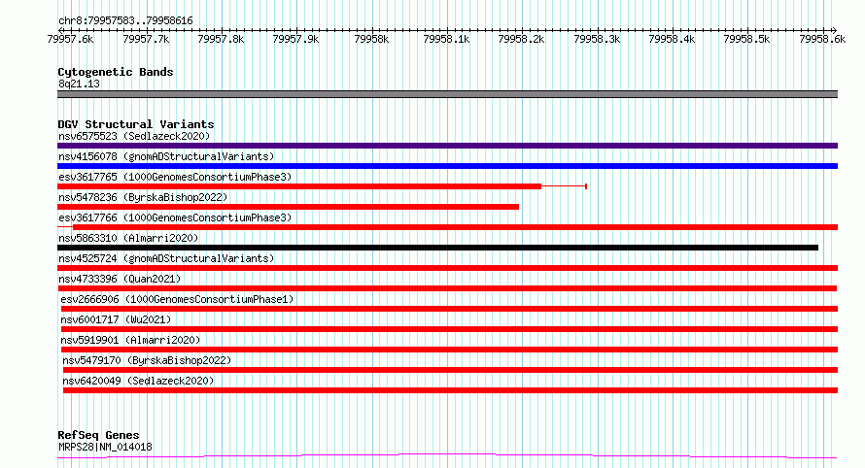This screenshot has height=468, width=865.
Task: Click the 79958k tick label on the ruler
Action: [371, 39]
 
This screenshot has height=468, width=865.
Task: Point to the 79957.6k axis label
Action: [70, 39]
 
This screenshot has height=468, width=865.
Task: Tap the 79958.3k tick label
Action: [597, 39]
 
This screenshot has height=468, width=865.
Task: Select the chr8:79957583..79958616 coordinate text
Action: [125, 21]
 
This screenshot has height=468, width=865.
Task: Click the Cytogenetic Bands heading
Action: [116, 72]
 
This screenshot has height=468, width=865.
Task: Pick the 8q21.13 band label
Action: [79, 84]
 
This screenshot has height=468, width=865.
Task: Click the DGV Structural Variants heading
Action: [136, 124]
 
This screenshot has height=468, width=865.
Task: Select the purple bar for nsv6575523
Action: [447, 146]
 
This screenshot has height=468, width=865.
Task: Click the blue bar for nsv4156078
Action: [447, 166]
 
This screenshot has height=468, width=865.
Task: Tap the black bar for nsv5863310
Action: [438, 248]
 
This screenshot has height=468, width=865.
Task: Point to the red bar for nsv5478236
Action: [288, 207]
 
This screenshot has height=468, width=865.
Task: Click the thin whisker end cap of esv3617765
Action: [586, 186]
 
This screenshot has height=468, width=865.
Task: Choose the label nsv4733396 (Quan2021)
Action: [120, 279]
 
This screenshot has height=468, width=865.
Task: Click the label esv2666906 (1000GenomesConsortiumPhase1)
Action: [177, 299]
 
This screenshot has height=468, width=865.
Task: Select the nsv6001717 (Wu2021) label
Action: [116, 319]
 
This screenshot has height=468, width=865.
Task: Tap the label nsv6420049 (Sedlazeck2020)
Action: [138, 381]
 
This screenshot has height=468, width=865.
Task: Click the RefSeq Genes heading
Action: [98, 435]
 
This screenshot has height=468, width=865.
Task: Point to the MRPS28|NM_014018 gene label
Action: [105, 447]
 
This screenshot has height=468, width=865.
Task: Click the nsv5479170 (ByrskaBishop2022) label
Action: [147, 360]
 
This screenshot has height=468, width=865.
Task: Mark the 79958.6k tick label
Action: [822, 39]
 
